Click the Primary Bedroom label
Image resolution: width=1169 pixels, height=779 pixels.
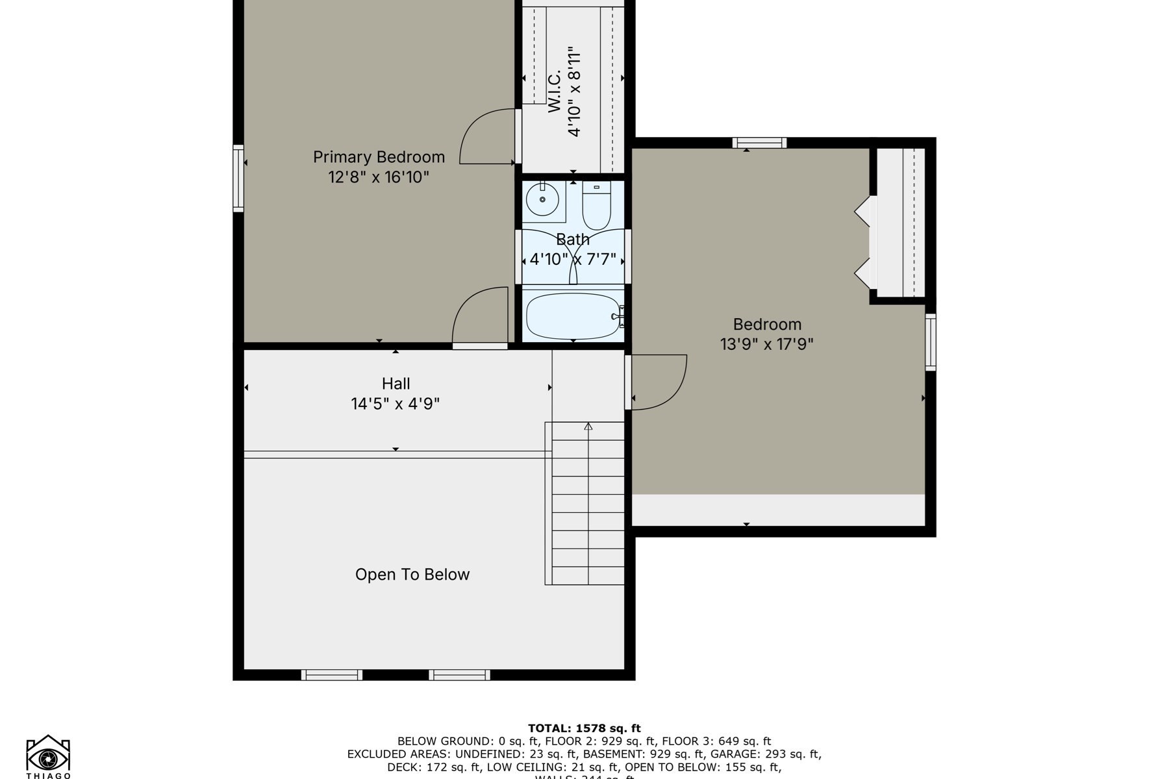(379, 157)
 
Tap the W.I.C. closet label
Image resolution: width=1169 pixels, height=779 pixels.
(554, 91)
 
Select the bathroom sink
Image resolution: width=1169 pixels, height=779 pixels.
(542, 200)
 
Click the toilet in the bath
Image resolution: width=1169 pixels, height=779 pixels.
(596, 206)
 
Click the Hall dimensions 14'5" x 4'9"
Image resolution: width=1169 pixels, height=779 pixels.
(395, 404)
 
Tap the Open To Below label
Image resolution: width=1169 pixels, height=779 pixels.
(412, 575)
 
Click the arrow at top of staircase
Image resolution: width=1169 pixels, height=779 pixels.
(588, 427)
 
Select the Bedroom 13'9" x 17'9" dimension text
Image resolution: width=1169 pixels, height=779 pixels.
(766, 344)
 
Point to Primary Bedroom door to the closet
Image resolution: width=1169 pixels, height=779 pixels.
(487, 138)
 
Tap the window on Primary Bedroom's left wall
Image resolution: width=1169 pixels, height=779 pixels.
(238, 178)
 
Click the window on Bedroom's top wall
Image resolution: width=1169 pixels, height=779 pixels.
(759, 143)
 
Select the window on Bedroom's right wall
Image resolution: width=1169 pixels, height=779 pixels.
(930, 342)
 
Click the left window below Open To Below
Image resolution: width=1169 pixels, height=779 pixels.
(331, 675)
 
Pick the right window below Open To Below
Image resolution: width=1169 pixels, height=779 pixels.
(459, 675)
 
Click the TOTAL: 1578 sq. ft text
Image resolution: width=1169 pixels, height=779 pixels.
(584, 728)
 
